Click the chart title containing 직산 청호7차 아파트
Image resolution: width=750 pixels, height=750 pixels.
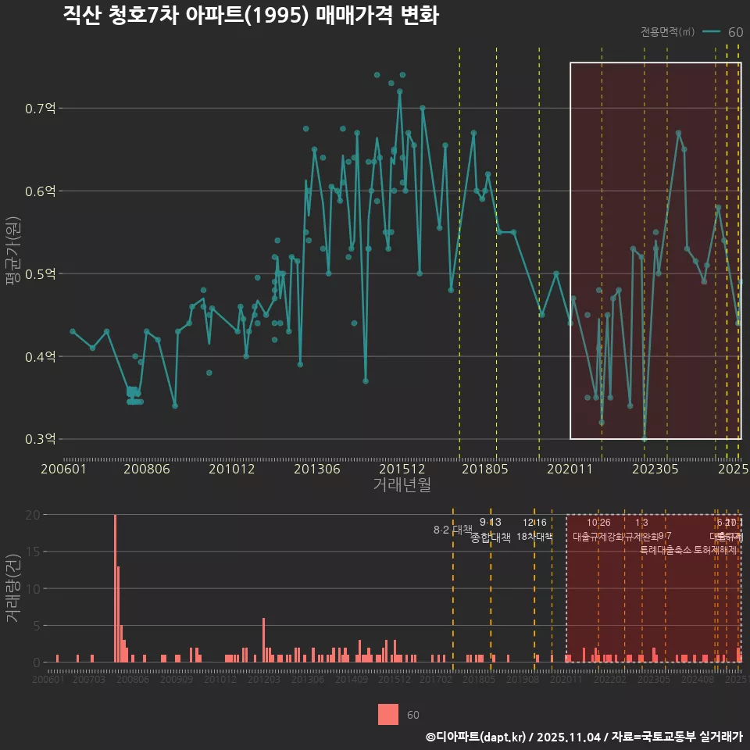pos(251,16)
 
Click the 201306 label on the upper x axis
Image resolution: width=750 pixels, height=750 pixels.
pos(316,470)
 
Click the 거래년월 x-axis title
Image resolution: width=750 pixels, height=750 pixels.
pos(402,484)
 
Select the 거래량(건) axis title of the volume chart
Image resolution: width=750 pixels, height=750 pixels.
pos(13,588)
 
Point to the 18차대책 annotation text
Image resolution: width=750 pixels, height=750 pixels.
pos(534,537)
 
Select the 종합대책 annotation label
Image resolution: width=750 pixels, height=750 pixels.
pos(491,537)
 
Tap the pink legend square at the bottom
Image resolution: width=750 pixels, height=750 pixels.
pos(388,714)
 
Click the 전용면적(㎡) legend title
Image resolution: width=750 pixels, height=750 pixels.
pos(667,32)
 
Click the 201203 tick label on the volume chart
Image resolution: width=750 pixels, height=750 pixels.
pos(264,680)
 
